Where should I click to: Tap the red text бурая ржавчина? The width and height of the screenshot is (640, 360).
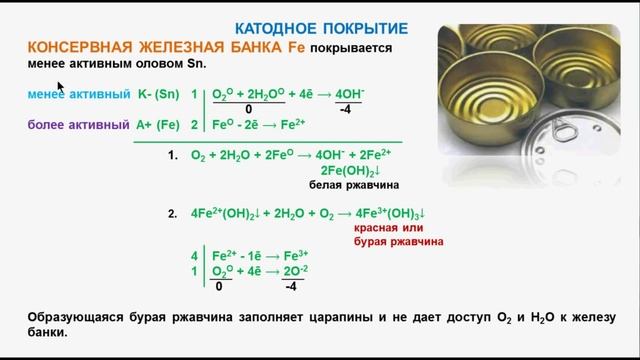[x=397, y=242]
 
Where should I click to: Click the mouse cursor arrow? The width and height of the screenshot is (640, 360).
[x=60, y=87]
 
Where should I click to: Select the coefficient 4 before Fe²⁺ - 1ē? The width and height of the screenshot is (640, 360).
[x=195, y=256]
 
